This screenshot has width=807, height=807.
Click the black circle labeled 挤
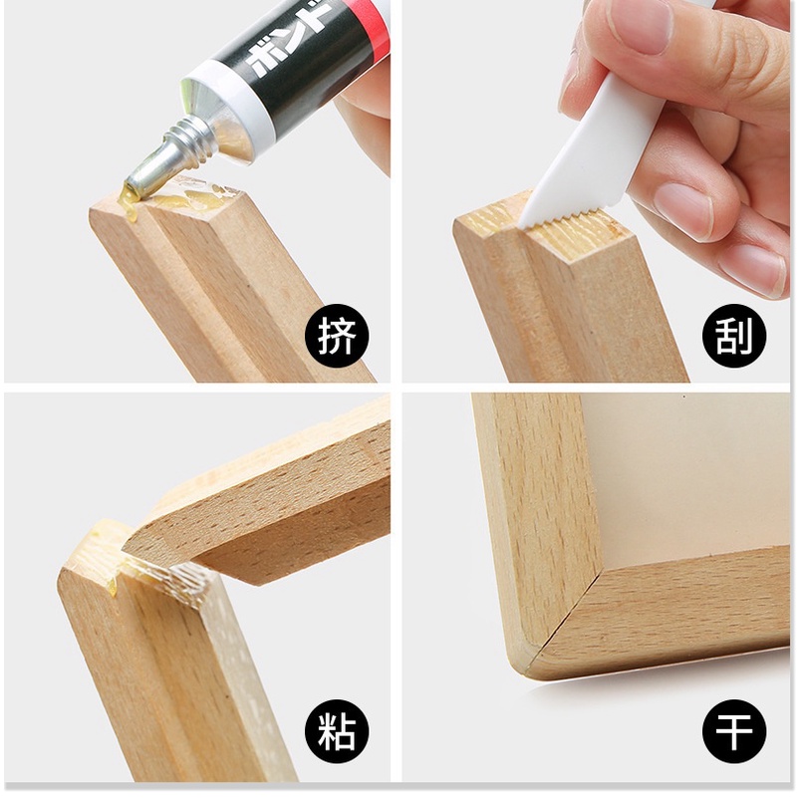tap(337, 335)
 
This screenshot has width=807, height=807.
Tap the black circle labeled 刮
tap(734, 335)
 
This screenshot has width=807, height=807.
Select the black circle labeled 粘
tap(337, 731)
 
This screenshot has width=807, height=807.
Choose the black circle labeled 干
tap(734, 731)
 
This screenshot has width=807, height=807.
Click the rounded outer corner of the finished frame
tap(520, 664)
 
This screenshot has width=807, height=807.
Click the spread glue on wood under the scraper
tap(582, 237)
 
